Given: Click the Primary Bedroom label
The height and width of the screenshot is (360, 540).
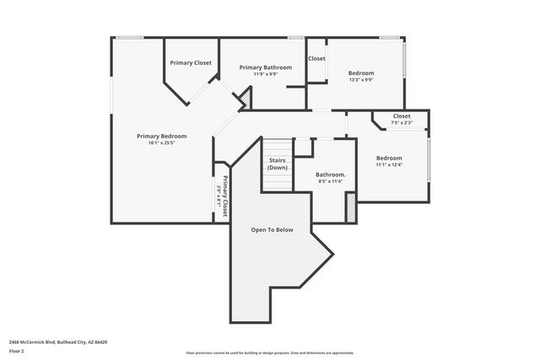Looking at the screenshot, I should coord(161,136).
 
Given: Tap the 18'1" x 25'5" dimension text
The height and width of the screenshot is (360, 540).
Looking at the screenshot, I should coord(161,142).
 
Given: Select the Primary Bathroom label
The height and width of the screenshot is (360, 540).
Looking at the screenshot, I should coord(265,67).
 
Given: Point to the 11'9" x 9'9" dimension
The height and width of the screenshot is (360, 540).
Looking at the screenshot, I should coord(265,74).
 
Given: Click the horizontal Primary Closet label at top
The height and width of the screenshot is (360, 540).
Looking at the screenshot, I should coord(191,63).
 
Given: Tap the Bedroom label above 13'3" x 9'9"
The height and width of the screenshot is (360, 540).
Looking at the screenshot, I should coord(361,73).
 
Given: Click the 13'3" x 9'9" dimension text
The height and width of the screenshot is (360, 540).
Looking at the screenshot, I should coord(361,80).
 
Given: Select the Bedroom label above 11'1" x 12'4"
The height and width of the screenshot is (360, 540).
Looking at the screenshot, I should coord(389,159).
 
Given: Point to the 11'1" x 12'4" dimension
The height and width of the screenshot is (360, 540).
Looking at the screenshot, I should coord(389,165).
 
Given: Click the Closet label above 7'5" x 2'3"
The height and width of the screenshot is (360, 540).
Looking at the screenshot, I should coord(402,116).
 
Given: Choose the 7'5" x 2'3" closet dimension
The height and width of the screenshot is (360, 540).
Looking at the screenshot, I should coord(402,123).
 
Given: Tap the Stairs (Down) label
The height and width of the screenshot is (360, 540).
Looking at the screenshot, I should coord(278,164).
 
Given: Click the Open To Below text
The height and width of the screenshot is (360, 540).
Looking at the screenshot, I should coord(272,229).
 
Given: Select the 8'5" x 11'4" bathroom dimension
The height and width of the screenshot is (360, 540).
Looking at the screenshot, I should coord(330,181).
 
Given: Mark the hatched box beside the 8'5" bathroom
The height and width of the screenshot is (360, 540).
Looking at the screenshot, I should coord(351,207).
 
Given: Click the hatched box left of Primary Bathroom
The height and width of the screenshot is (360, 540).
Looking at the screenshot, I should coord(246,100).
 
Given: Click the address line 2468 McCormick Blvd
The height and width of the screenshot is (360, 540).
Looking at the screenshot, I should coord(58,342).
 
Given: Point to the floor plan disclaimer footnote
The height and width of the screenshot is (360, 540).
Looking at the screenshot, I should coord(269,353).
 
